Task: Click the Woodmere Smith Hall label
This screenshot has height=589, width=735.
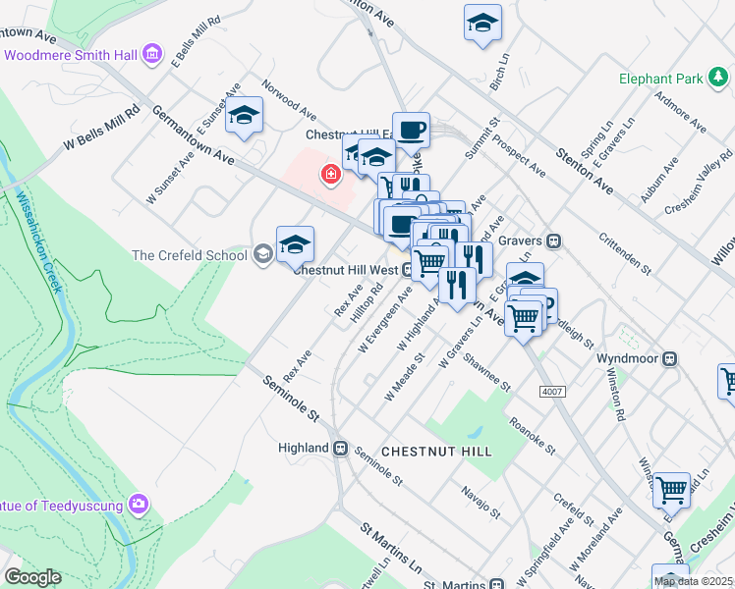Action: [71, 55]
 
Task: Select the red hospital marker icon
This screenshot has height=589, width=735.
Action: [331, 175]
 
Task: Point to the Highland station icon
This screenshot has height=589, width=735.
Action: [341, 448]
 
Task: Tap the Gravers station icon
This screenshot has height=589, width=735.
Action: [554, 240]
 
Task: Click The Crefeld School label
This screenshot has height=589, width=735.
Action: [190, 255]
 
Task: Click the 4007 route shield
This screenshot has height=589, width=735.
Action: [552, 392]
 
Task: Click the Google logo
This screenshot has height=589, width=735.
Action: [32, 577]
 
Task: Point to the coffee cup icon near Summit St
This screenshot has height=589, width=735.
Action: [412, 129]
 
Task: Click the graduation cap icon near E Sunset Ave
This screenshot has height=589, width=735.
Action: [244, 115]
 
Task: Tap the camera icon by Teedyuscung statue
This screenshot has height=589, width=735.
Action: [139, 505]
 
